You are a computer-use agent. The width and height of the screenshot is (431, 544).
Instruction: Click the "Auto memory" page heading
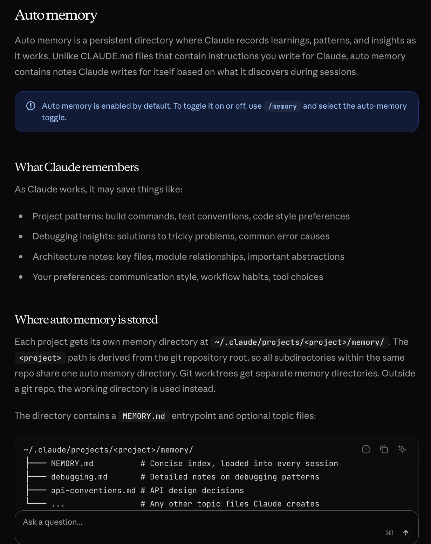coord(56,15)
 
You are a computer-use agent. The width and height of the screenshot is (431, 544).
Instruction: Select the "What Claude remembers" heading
coord(77,167)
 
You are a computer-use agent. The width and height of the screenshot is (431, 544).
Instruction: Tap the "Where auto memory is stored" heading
coord(86,320)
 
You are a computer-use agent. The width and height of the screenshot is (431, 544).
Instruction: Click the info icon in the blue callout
coord(31,106)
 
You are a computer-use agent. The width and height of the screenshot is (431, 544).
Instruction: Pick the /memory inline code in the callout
coord(282,106)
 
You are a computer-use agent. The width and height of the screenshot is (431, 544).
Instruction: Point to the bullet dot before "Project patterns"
coord(21,217)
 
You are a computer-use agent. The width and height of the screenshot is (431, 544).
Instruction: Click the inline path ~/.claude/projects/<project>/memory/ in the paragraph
coord(299,342)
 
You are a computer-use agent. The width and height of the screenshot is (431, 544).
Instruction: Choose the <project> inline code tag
coord(40,358)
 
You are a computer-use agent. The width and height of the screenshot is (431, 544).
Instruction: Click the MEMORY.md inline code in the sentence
coord(144,416)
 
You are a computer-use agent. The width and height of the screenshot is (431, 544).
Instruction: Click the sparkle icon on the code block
coord(402,449)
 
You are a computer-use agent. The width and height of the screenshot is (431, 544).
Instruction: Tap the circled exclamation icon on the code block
coord(366,449)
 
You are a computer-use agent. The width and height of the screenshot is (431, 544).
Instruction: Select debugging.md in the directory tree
coord(79,477)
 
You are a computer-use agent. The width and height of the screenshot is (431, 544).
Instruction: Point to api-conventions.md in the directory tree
coord(93,491)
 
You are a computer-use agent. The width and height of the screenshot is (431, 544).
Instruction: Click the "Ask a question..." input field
coord(196,522)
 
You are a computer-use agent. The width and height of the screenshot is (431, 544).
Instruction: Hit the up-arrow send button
coord(406,533)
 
